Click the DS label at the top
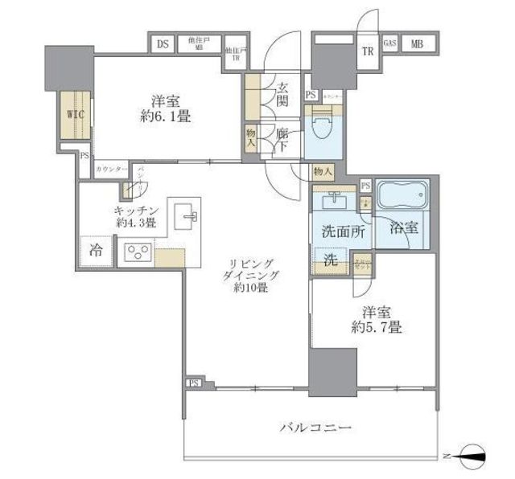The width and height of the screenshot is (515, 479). [x=163, y=44]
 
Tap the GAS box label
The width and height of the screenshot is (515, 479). [x=389, y=43]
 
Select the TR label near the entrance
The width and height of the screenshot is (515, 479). [x=367, y=52]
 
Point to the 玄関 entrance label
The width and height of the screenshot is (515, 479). [x=283, y=94]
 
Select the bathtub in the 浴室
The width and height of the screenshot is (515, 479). [x=405, y=196]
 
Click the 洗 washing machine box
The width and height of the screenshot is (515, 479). [x=330, y=260]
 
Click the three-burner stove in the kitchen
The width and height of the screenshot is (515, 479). [x=136, y=254]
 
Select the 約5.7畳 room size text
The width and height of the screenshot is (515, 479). [x=375, y=327]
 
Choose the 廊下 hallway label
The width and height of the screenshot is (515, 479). [x=282, y=142]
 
